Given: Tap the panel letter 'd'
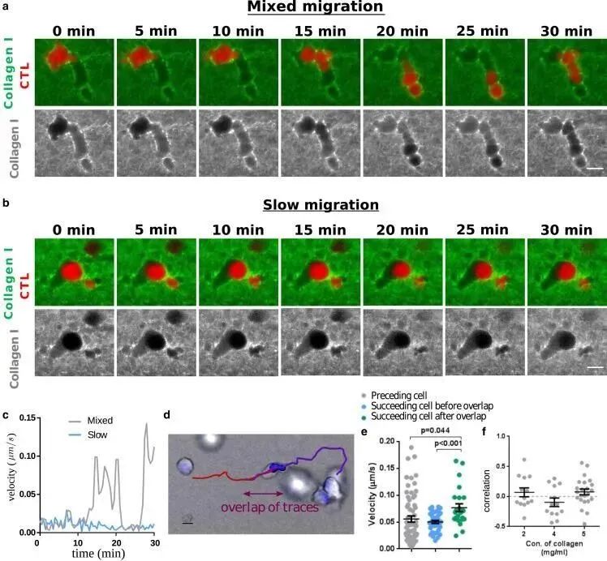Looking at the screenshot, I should click(167, 415).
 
